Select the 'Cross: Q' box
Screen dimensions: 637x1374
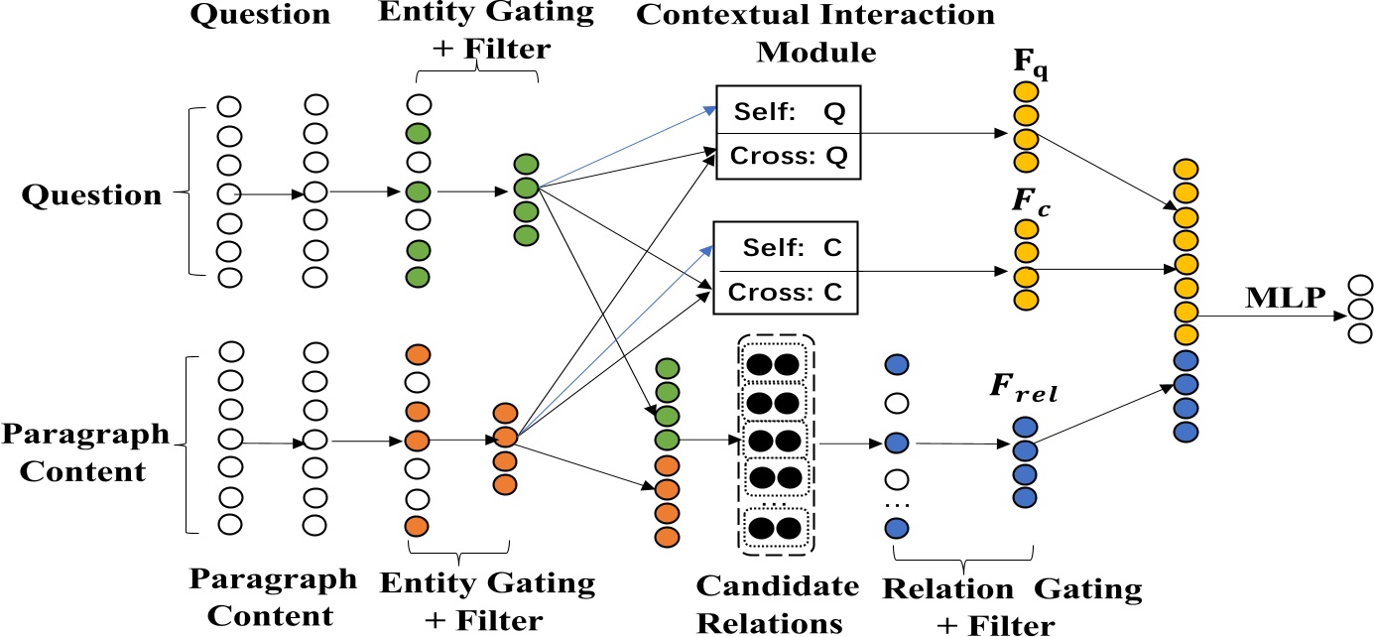788,157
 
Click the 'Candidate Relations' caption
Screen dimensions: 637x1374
778,603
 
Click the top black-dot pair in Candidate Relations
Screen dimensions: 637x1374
775,364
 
